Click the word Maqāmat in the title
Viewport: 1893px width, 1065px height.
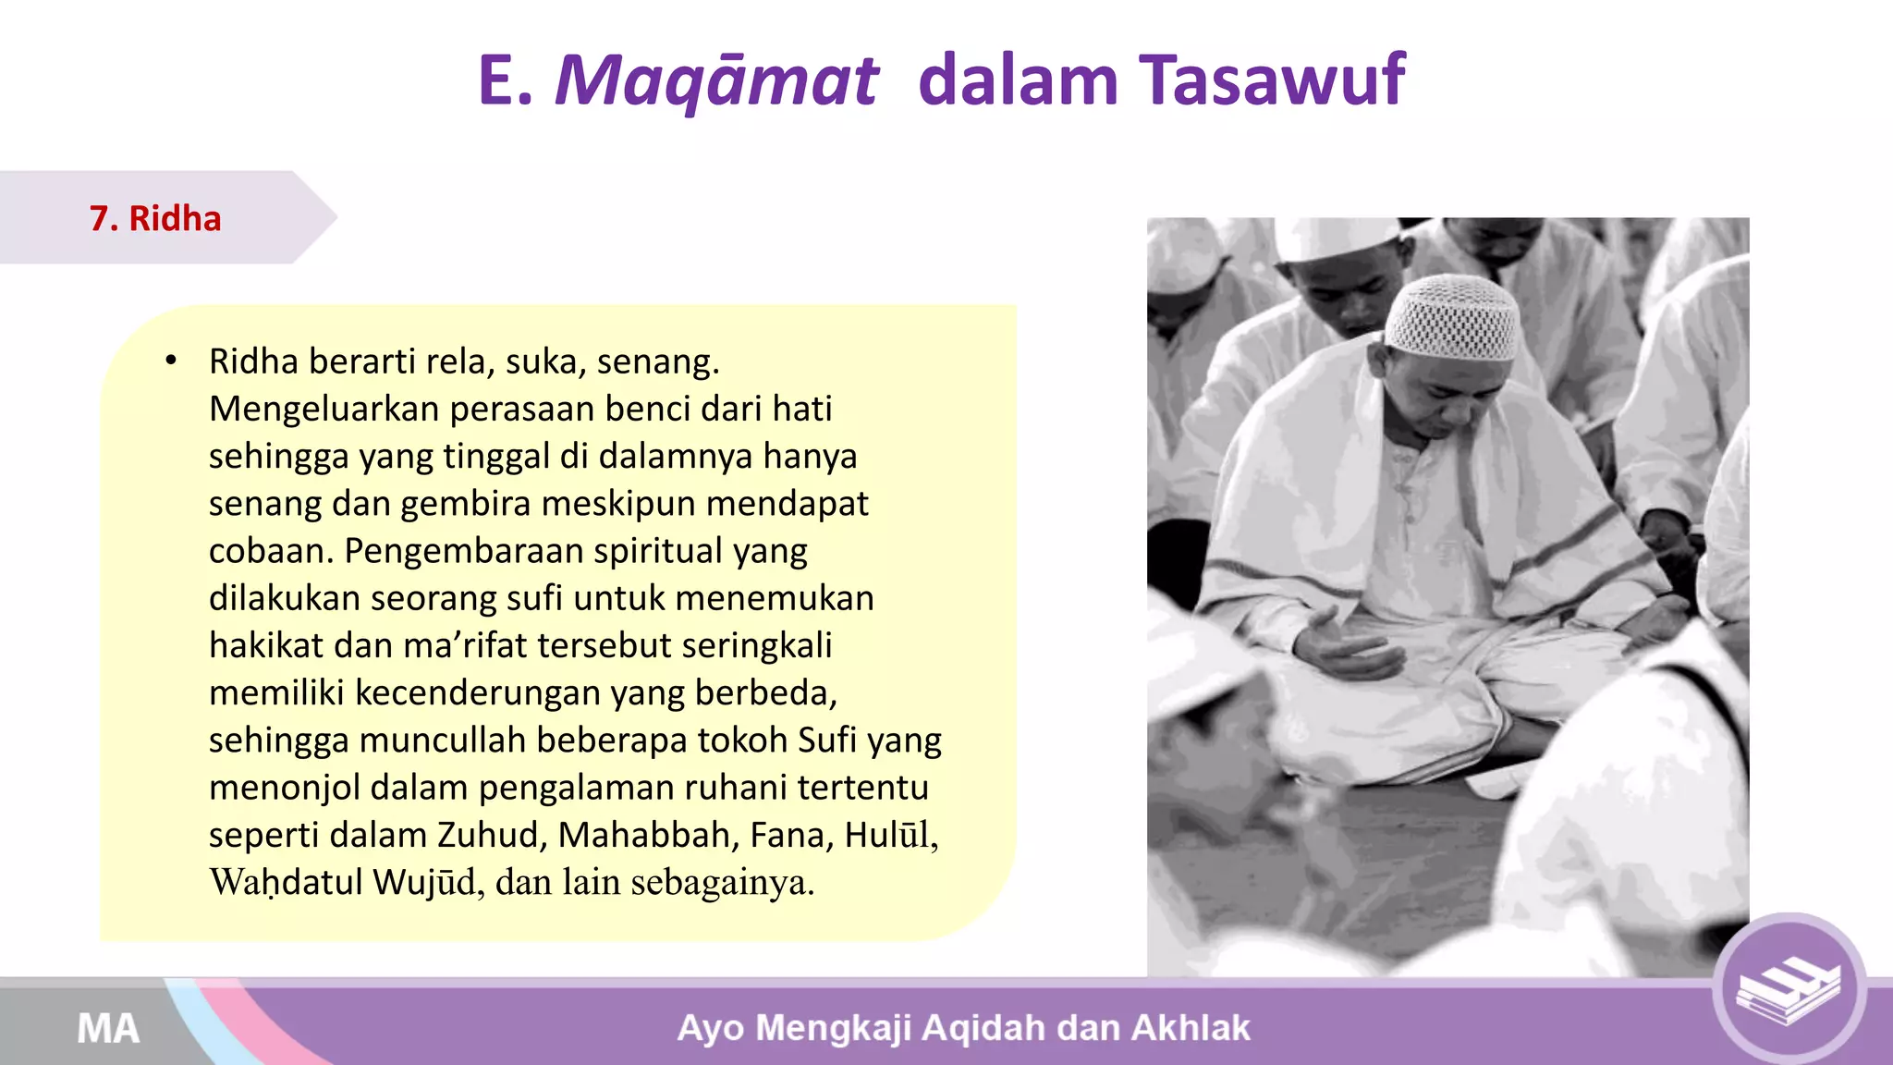pyautogui.click(x=715, y=81)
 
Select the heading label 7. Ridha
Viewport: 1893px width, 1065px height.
pyautogui.click(x=155, y=218)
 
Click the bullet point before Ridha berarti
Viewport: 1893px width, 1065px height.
pyautogui.click(x=170, y=361)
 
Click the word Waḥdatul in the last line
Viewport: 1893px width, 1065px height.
pyautogui.click(x=286, y=882)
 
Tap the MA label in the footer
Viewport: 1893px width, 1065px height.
pyautogui.click(x=108, y=1028)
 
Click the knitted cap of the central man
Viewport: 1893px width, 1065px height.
pyautogui.click(x=1452, y=317)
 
